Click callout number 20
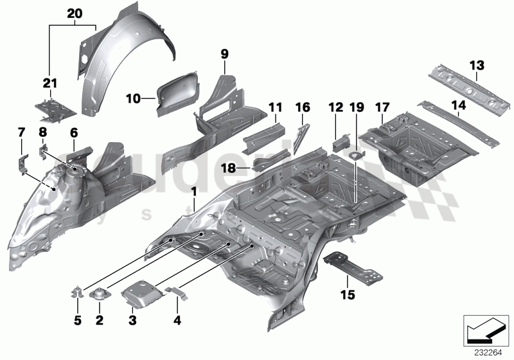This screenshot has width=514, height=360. (x=75, y=14)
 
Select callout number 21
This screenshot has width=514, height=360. (x=51, y=83)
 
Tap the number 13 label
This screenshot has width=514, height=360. (x=475, y=65)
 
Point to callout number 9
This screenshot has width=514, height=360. (x=224, y=54)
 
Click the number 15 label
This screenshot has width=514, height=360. (x=348, y=296)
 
